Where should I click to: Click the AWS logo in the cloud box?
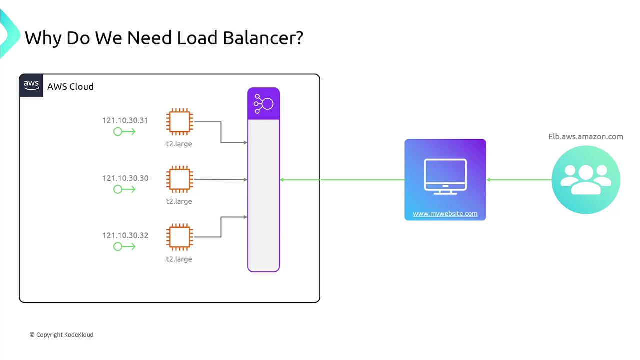point(31,86)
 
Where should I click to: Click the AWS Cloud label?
point(70,87)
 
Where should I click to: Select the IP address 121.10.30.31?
point(125,120)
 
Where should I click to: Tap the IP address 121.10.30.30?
point(125,178)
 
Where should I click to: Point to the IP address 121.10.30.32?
point(125,235)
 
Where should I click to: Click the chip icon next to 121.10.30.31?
point(180,122)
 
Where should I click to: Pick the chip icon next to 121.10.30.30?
point(180,179)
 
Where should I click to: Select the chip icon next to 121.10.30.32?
point(180,237)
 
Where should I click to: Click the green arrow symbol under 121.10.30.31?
point(124,132)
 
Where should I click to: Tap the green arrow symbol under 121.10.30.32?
point(124,246)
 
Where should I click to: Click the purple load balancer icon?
point(263,104)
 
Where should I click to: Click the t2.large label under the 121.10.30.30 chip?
point(179,201)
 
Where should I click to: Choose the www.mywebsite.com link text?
point(445,214)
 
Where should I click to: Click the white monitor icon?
point(445,176)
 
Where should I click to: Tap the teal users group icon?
point(586,180)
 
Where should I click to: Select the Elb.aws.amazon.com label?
point(586,136)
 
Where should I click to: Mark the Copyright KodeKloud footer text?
point(61,335)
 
